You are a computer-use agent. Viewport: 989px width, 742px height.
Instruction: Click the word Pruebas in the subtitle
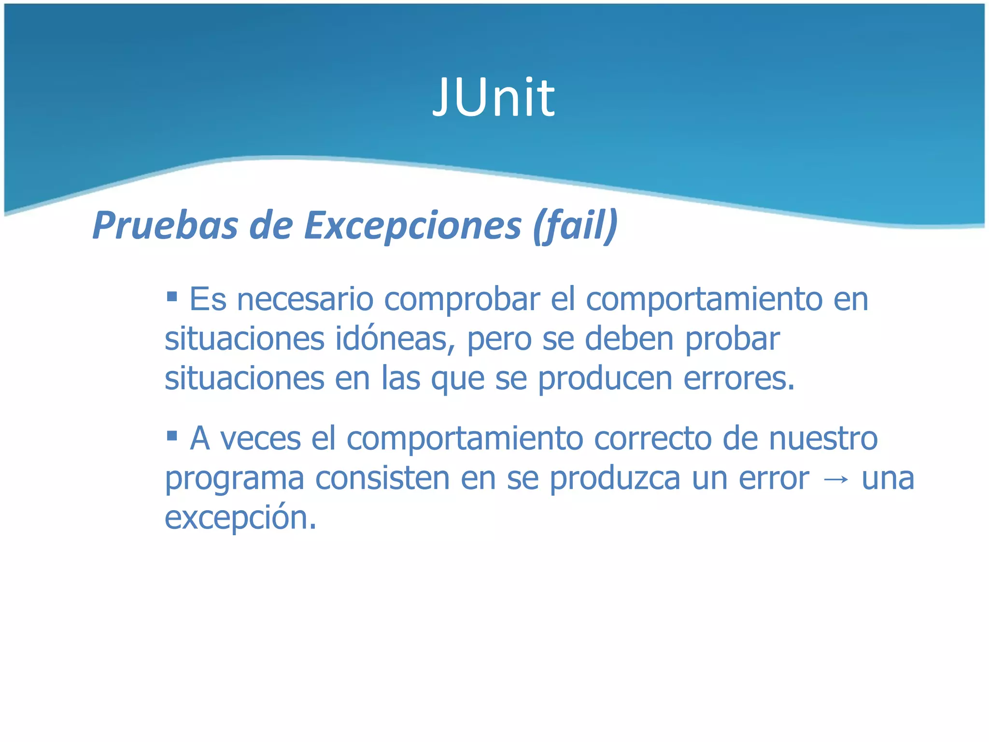165,226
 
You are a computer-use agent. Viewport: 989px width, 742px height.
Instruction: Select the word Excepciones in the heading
413,226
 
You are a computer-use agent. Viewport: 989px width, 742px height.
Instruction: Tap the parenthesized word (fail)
575,226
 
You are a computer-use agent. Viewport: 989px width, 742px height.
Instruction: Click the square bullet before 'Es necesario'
172,295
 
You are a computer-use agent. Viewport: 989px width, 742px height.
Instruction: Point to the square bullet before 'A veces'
172,436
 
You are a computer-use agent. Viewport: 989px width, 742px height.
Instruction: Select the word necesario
305,300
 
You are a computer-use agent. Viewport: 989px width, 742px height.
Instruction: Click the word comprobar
462,300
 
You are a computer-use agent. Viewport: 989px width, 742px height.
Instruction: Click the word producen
605,378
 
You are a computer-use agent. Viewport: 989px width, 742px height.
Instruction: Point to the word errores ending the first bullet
738,378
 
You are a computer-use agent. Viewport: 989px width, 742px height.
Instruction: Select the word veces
260,439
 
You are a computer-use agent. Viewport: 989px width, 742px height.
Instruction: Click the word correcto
653,439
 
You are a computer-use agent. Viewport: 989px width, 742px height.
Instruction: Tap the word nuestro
823,439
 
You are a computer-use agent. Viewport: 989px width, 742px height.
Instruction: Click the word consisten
381,478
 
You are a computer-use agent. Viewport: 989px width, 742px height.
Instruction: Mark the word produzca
615,478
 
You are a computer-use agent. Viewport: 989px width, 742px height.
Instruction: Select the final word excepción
240,518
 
